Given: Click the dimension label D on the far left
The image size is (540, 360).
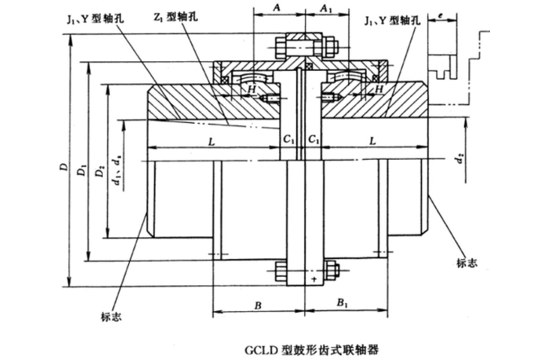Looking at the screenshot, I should pyautogui.click(x=64, y=166).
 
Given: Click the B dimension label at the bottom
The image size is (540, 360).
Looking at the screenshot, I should pyautogui.click(x=259, y=304).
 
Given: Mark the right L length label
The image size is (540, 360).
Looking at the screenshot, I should pyautogui.click(x=373, y=142).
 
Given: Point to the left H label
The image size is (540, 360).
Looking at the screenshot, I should pyautogui.click(x=252, y=89).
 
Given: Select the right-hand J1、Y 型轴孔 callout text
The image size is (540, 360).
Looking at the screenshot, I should pyautogui.click(x=393, y=20).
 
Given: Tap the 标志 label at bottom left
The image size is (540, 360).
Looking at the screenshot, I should pyautogui.click(x=111, y=316).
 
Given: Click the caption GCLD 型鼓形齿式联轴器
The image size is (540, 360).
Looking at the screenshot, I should pyautogui.click(x=311, y=350).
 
